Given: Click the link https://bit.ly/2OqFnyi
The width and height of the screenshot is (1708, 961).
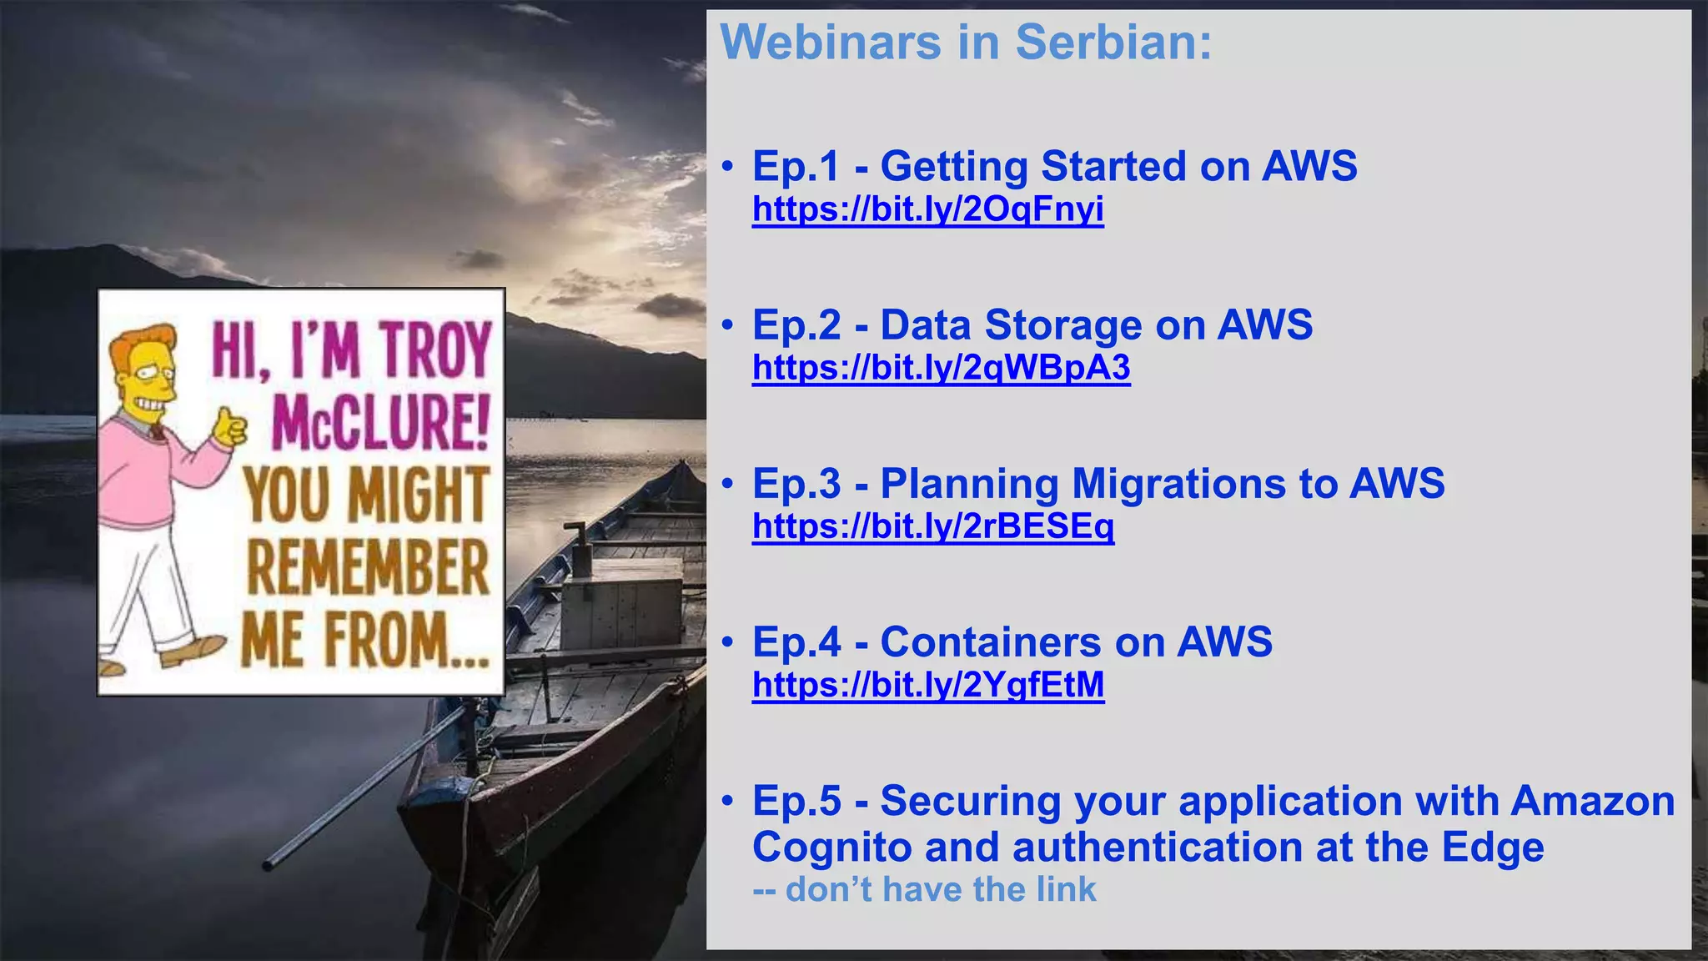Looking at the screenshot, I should pos(927,209).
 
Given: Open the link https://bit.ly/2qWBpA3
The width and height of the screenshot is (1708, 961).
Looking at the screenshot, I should pos(941,368).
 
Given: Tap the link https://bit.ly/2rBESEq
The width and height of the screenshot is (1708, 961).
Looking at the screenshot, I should pos(932,526).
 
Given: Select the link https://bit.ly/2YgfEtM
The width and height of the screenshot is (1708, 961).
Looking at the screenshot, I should pos(927,685).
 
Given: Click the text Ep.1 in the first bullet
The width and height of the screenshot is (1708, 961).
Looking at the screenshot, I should pos(796,166).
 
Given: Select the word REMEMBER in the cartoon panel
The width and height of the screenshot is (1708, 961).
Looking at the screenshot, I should pos(368,567).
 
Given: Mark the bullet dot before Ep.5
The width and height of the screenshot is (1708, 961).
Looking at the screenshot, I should pos(728,801).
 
